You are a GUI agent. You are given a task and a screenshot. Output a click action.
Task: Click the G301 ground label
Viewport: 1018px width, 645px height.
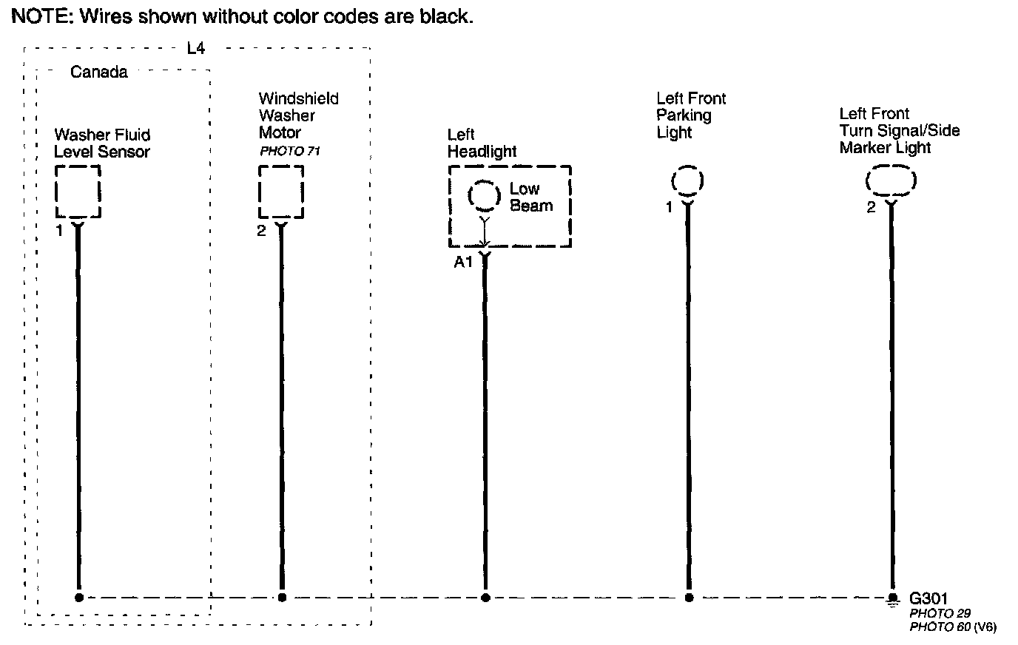(928, 598)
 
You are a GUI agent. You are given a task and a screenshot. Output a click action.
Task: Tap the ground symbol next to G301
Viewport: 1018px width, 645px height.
(892, 599)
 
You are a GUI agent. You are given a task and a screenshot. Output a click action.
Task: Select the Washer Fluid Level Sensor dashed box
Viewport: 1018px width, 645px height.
(78, 192)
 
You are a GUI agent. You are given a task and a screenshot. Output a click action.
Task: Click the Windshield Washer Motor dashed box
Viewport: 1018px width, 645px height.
(281, 192)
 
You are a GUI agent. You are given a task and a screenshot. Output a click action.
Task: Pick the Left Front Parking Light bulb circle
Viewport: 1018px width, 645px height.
(687, 181)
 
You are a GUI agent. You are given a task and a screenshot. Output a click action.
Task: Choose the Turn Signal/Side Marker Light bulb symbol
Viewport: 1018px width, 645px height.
(891, 180)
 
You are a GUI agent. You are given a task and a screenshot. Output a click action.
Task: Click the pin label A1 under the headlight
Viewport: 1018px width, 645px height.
(463, 262)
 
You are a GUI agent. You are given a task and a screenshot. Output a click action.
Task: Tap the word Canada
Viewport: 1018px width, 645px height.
(99, 72)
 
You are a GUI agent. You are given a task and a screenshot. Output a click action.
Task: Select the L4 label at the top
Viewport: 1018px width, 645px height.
(195, 49)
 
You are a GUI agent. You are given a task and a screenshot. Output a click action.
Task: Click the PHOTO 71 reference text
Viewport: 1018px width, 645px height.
(289, 151)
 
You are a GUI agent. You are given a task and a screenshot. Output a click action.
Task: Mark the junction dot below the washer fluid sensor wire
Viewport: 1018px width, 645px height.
(78, 598)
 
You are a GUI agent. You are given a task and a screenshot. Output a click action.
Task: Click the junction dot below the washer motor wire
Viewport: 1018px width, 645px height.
(282, 598)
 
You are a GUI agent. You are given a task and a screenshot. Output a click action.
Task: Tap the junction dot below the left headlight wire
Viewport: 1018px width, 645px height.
(485, 598)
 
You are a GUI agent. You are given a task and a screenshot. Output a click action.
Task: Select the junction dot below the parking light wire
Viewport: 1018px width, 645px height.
(689, 598)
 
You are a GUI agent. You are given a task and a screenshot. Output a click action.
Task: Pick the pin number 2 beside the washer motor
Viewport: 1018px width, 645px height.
(261, 231)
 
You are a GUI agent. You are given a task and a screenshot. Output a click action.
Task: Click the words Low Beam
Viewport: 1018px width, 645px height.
(530, 197)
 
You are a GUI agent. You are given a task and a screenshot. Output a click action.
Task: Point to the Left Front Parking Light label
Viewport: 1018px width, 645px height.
(691, 115)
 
